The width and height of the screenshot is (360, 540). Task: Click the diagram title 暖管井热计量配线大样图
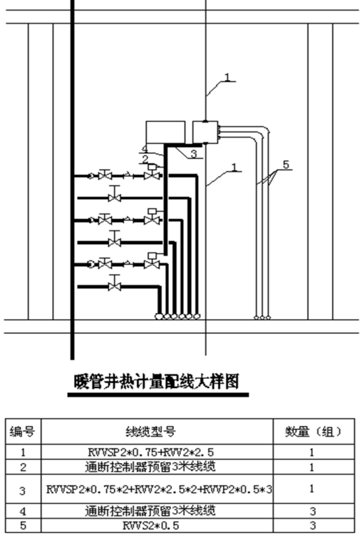pos(157,382)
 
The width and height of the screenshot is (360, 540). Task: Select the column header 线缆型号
pos(150,431)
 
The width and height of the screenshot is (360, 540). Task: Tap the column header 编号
pos(22,431)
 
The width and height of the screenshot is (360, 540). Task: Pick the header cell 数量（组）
pos(314,431)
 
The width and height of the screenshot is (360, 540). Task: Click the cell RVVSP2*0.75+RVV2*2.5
pos(150,452)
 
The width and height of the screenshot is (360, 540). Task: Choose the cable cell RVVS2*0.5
pos(150,526)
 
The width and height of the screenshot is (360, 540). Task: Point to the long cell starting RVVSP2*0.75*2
pos(159,489)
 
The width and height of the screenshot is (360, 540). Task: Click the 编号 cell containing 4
pos(23,511)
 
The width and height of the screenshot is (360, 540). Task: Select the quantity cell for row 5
pos(312,526)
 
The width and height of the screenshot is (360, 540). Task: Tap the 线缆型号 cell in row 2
pos(150,467)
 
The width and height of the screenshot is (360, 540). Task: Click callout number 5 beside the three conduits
pos(286,165)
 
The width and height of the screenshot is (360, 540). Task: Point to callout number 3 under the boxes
pos(193,153)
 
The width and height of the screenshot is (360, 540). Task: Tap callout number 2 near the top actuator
pos(145,159)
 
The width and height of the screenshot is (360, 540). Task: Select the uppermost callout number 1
pos(227,77)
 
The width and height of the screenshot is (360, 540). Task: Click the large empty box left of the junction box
pos(165,132)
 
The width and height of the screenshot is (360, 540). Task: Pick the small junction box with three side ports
pos(205,132)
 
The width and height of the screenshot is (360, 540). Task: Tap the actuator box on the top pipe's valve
pos(152,167)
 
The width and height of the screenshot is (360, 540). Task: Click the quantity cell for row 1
pos(312,452)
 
